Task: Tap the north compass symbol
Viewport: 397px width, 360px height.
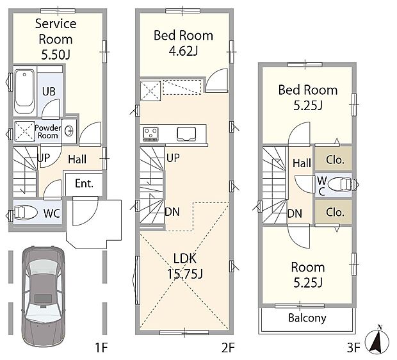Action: click(377, 340)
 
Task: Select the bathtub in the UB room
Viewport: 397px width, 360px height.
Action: click(24, 92)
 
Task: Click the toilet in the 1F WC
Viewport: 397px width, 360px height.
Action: click(25, 212)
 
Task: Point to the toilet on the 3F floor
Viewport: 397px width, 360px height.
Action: click(340, 184)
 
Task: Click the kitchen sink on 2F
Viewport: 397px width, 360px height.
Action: click(186, 134)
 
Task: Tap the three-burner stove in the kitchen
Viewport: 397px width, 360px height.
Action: click(150, 134)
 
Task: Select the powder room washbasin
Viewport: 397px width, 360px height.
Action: click(69, 131)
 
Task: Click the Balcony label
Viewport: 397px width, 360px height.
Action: click(307, 318)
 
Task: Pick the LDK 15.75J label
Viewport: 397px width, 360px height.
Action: click(185, 266)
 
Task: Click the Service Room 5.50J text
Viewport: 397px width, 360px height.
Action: click(56, 39)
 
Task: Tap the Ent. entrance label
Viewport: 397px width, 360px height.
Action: click(84, 183)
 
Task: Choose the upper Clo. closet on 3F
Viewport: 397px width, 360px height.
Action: click(334, 159)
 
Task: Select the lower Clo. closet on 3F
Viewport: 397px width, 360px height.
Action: click(334, 212)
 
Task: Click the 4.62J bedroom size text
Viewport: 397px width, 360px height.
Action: click(183, 51)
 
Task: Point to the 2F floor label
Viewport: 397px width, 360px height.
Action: click(228, 348)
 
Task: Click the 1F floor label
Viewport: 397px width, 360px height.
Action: click(101, 348)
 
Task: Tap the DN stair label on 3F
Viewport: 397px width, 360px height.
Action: click(295, 213)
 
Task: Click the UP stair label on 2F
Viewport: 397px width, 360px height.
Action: click(173, 158)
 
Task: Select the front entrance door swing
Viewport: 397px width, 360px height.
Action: click(85, 211)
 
